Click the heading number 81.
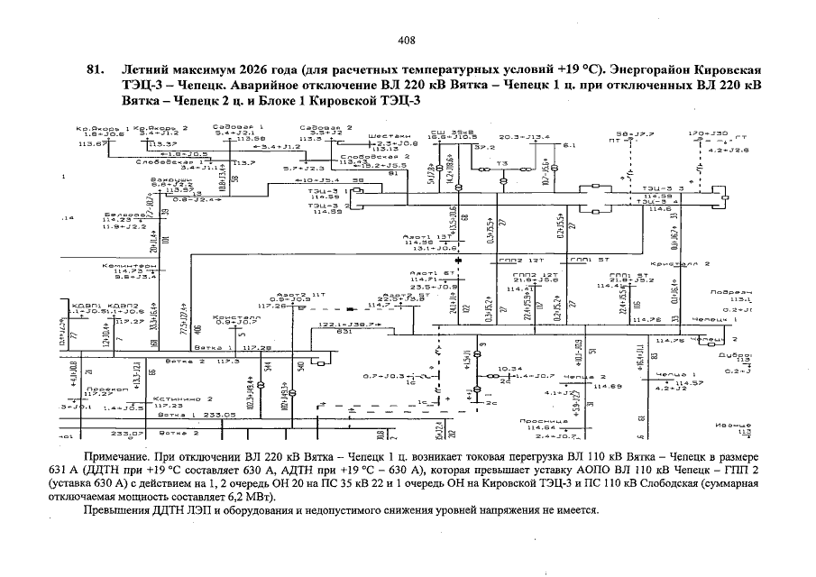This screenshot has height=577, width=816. coord(91,69)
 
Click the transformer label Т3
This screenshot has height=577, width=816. coord(502,162)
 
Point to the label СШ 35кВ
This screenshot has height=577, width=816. coord(446,132)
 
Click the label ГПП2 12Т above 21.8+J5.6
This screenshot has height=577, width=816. coord(528,274)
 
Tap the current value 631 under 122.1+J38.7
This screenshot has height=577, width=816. coord(344,332)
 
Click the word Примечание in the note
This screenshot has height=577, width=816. coord(114,460)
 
